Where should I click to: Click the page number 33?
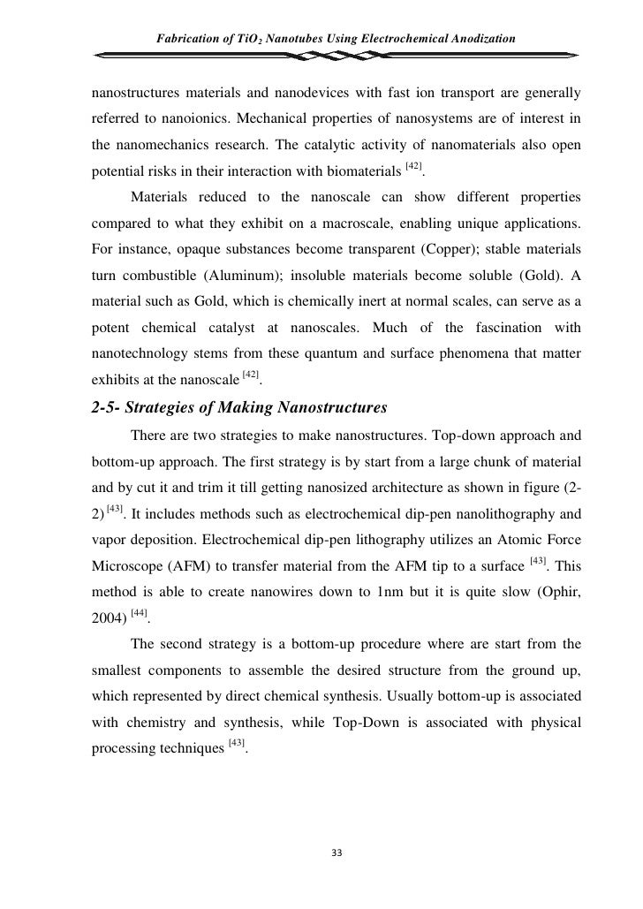pos(335,852)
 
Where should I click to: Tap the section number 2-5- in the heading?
pos(110,407)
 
